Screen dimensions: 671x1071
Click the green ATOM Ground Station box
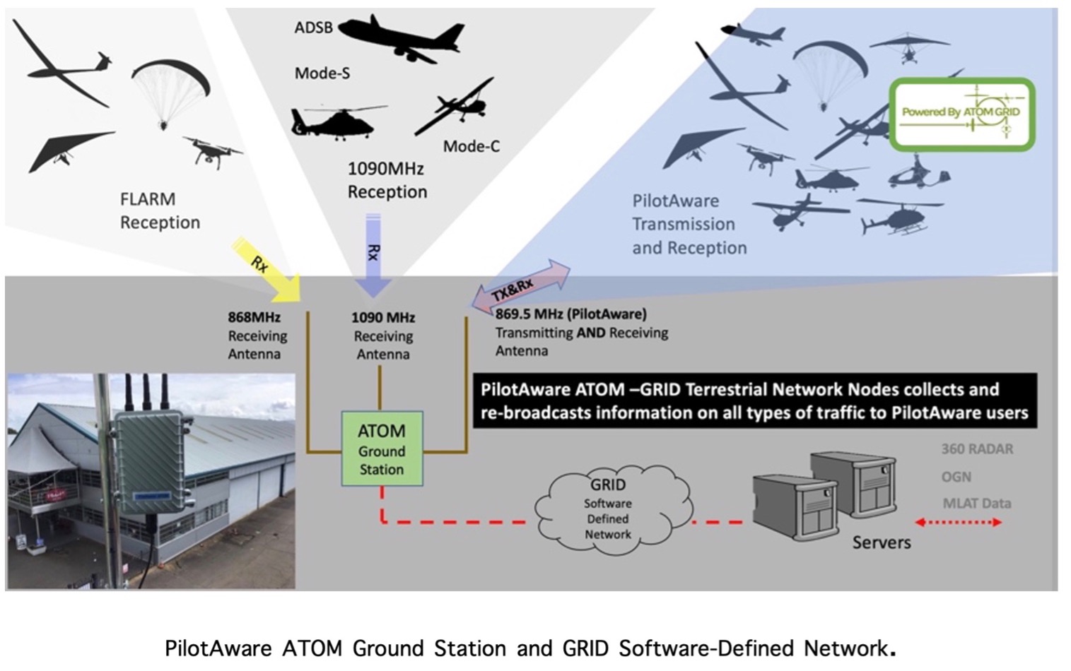pyautogui.click(x=382, y=449)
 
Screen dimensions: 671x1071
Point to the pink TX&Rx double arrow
pyautogui.click(x=521, y=287)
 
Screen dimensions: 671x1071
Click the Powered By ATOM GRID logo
pyautogui.click(x=961, y=114)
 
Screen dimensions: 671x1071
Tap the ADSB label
pyautogui.click(x=313, y=28)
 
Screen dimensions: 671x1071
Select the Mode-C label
pyautogui.click(x=471, y=146)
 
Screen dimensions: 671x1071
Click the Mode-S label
pyautogui.click(x=322, y=73)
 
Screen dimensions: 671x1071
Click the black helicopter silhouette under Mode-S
pyautogui.click(x=337, y=123)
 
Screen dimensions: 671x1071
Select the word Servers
pyautogui.click(x=881, y=542)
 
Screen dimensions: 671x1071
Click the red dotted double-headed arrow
pyautogui.click(x=958, y=523)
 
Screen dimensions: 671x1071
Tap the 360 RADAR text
pyautogui.click(x=977, y=449)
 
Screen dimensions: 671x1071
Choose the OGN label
pyautogui.click(x=956, y=477)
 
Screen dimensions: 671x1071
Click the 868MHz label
pyautogui.click(x=254, y=317)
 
